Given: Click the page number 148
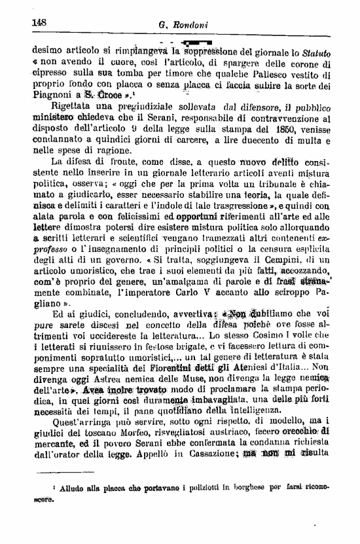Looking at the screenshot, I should [x=40, y=22].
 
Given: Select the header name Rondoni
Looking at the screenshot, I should [x=190, y=25].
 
